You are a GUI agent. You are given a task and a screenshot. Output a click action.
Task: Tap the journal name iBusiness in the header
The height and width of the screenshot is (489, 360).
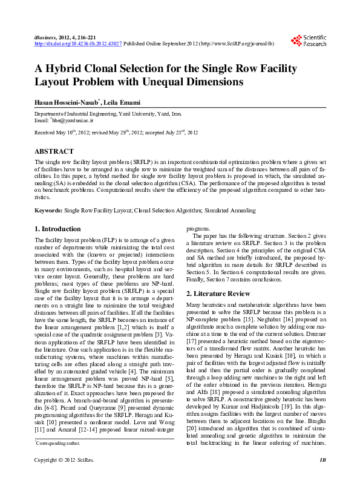(47, 38)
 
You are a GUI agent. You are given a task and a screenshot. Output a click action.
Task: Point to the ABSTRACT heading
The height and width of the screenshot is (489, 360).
(54, 151)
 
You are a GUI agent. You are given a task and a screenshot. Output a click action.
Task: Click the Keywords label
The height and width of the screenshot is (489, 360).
(48, 210)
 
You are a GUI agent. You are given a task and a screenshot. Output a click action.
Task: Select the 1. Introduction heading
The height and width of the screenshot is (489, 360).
(57, 229)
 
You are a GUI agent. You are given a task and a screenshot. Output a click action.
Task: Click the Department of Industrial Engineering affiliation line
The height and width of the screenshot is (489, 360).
(108, 114)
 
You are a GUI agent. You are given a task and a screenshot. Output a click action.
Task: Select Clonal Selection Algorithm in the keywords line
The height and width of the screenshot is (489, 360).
(169, 210)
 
